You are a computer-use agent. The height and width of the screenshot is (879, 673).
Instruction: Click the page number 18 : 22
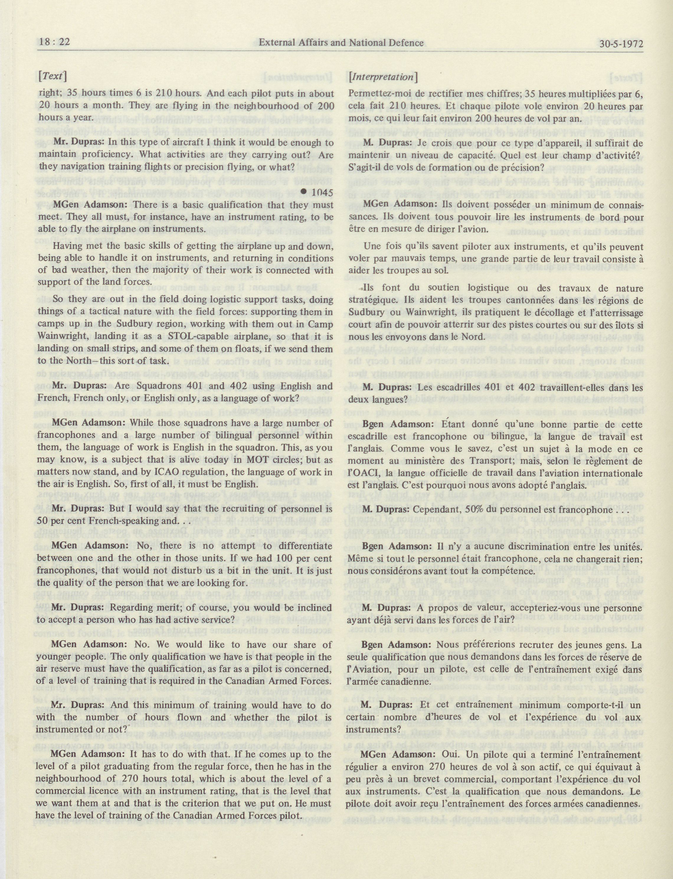coord(54,42)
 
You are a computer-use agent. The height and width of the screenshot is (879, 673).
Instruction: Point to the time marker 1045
coord(322,192)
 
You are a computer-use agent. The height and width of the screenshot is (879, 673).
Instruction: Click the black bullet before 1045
coord(305,192)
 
